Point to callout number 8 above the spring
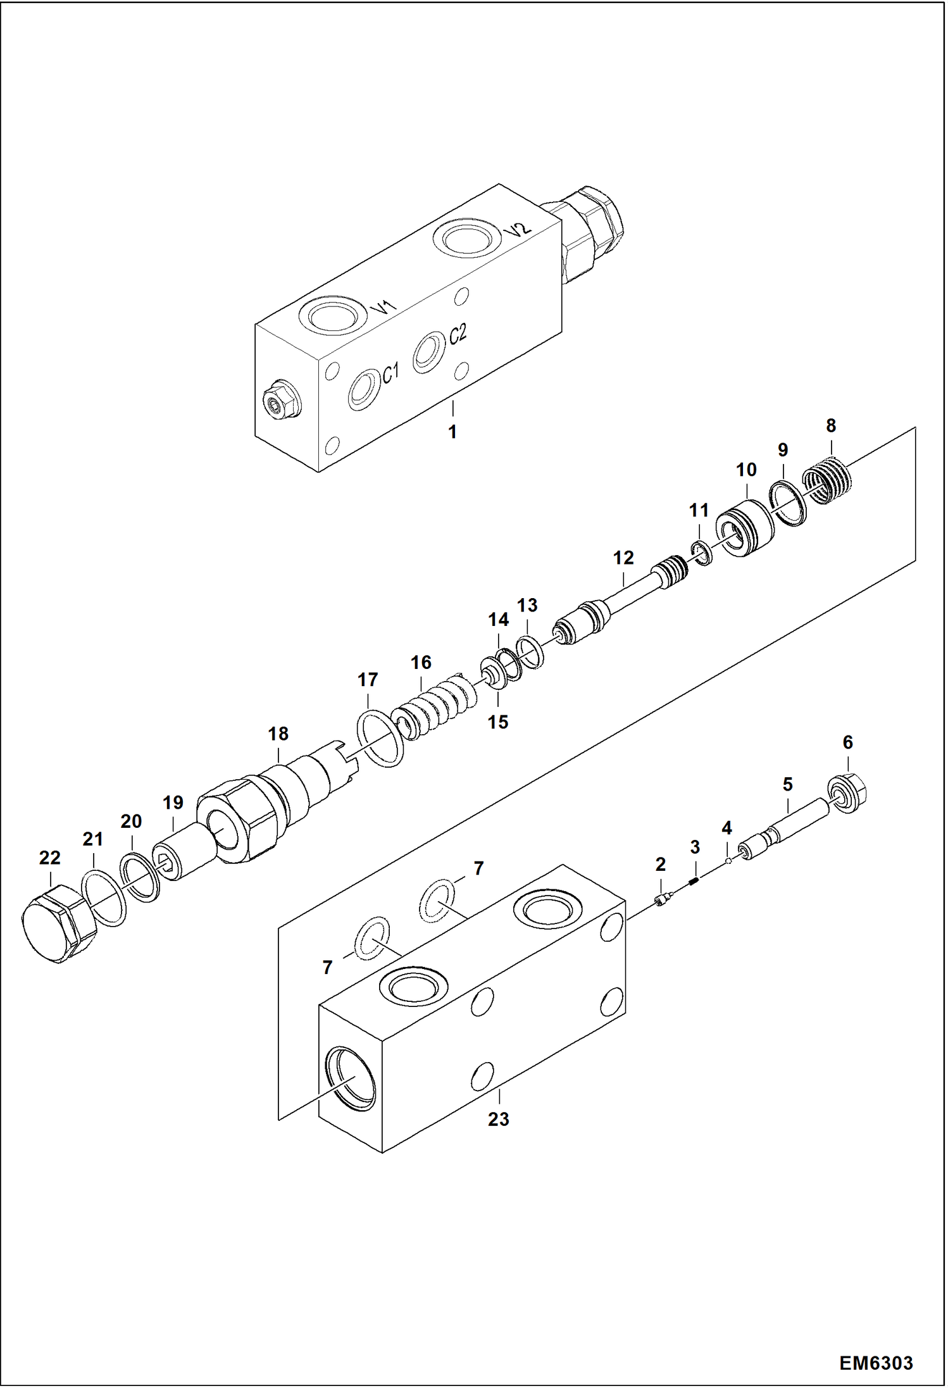(830, 426)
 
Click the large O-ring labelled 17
(380, 739)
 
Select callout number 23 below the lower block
(498, 1119)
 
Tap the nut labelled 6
(848, 796)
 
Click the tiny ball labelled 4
(729, 860)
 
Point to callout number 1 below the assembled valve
(452, 432)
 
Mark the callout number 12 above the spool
(623, 558)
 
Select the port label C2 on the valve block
(458, 334)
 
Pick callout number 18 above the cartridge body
(278, 734)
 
